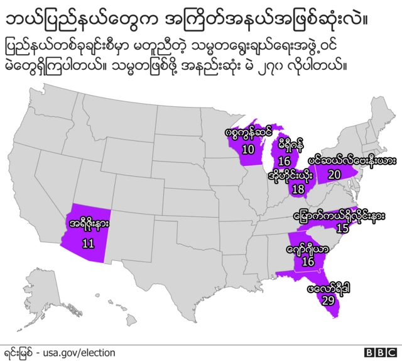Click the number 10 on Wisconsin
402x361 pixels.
tap(248, 150)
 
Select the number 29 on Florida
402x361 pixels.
tap(327, 301)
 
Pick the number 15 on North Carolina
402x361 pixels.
tap(342, 228)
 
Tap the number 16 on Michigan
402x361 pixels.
tap(285, 162)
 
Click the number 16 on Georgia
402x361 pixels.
tap(308, 261)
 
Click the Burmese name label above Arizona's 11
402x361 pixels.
tap(88, 222)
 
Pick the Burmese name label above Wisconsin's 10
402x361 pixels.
tap(248, 133)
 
